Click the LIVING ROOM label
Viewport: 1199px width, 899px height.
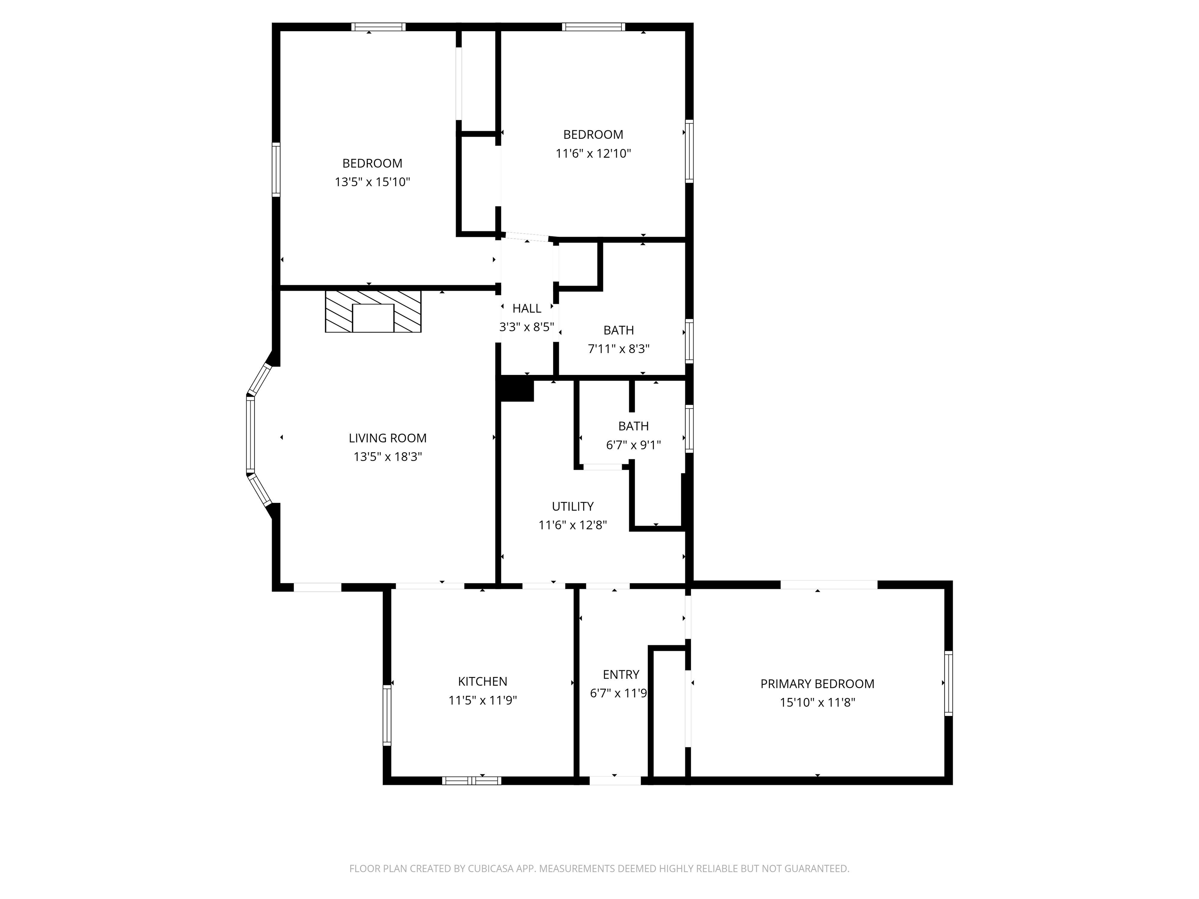(387, 438)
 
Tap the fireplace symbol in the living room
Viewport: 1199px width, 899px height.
(373, 312)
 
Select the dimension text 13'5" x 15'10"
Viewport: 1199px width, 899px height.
(372, 182)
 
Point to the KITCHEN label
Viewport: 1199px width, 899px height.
(482, 681)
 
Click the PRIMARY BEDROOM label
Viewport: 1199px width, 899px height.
(817, 684)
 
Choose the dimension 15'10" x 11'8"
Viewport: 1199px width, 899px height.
(817, 703)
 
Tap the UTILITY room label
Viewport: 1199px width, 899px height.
(573, 506)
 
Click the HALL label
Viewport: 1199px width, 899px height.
(527, 308)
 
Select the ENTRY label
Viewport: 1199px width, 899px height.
(621, 675)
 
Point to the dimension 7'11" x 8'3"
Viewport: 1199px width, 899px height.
(619, 349)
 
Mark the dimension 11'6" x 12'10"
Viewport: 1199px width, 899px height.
(593, 153)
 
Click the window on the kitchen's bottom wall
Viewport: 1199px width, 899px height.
(471, 781)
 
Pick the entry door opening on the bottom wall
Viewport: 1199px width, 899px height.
(615, 781)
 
